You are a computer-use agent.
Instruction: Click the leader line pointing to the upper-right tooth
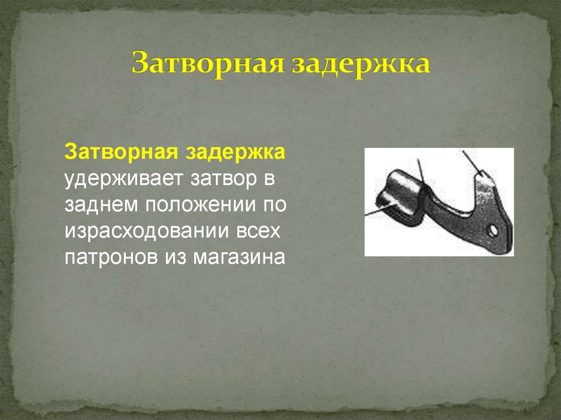coord(471,162)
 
